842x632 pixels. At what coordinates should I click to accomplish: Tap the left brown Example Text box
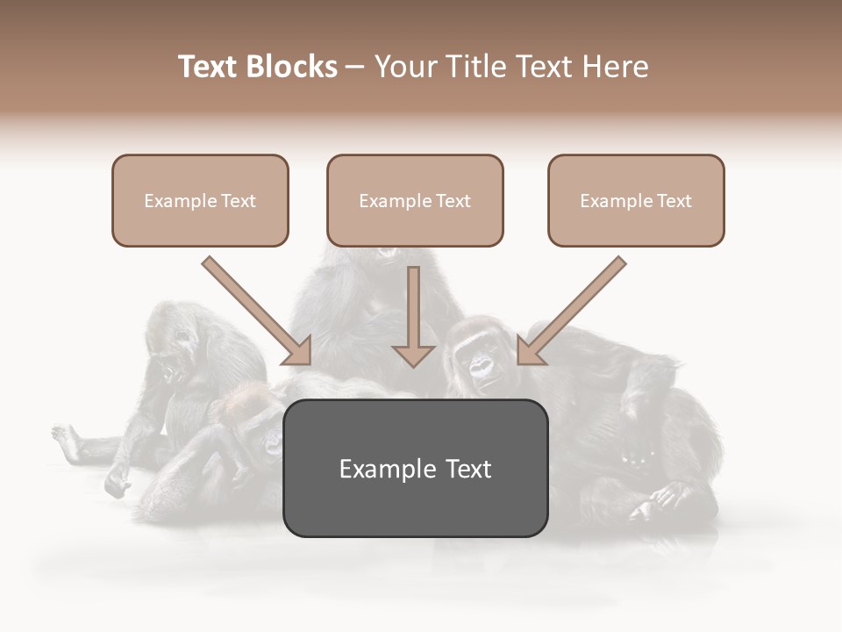tap(200, 201)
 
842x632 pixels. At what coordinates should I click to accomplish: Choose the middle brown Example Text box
tap(415, 201)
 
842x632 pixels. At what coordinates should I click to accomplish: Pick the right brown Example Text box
tap(636, 201)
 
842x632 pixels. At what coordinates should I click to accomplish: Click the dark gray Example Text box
tap(415, 469)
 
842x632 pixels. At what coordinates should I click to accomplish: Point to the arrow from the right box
tap(571, 311)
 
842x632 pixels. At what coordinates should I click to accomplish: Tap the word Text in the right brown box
tap(674, 201)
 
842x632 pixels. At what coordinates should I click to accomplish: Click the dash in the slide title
tap(355, 67)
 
